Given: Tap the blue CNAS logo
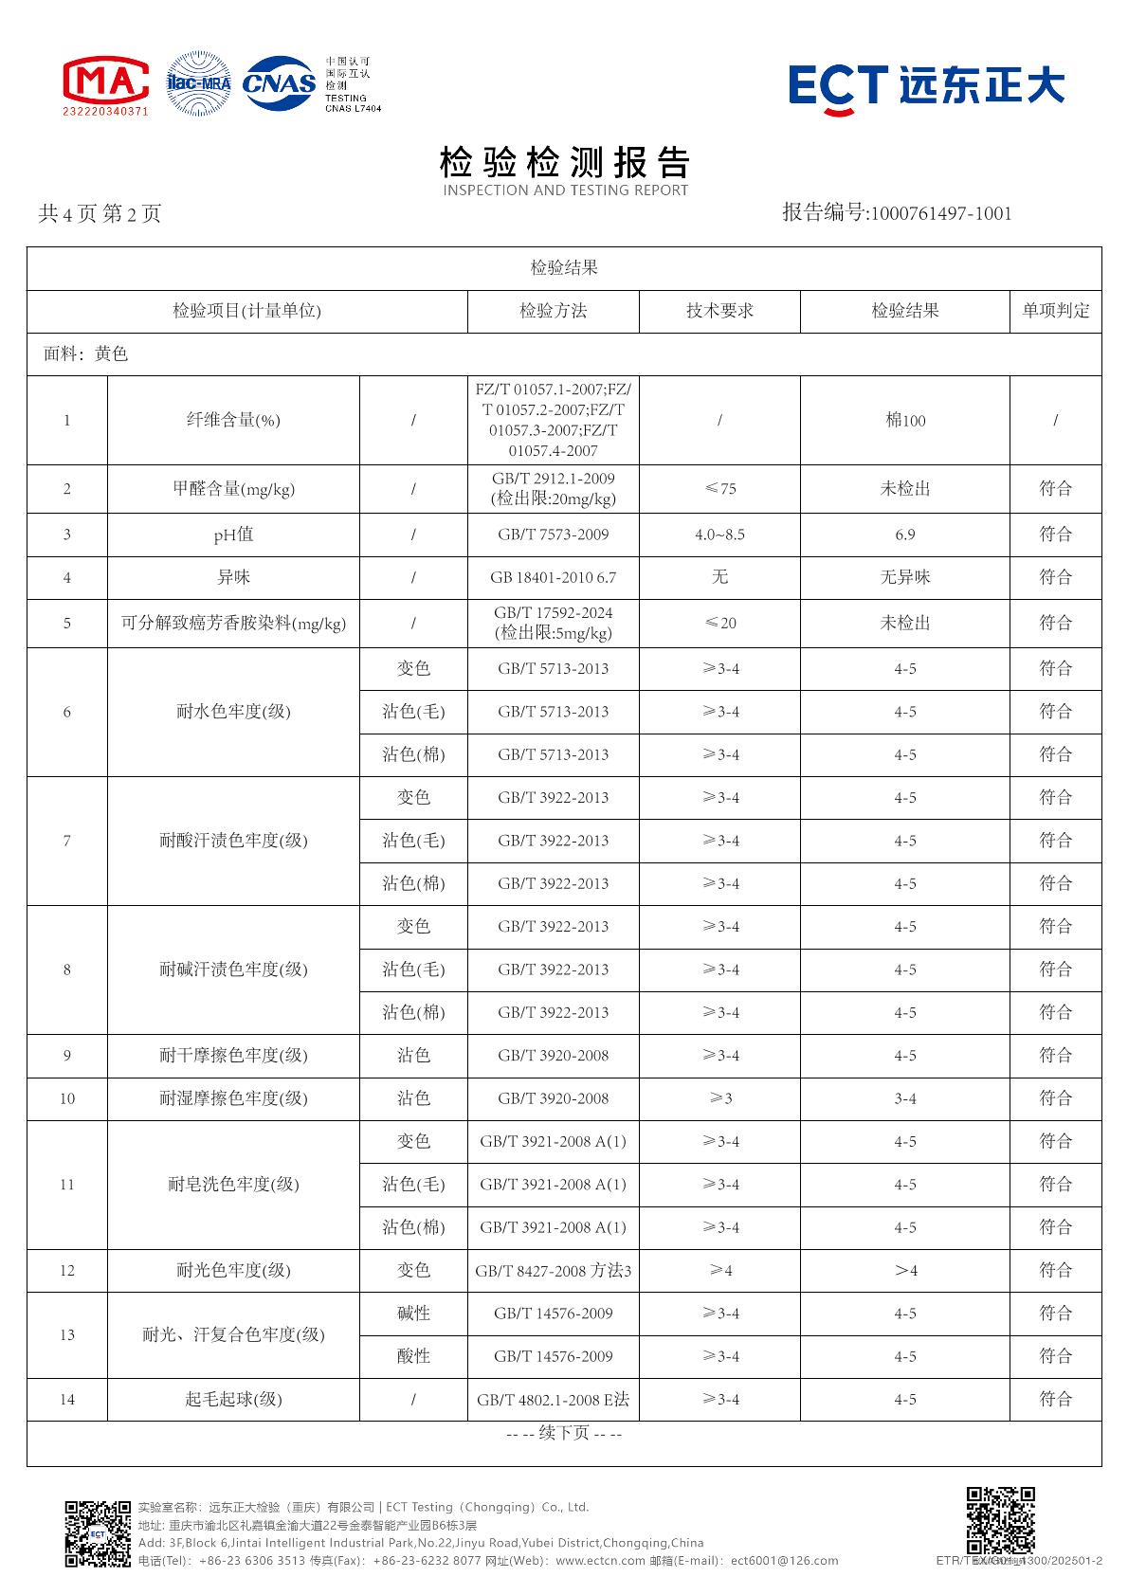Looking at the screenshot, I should (280, 83).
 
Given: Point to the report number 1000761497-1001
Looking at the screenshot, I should (940, 213).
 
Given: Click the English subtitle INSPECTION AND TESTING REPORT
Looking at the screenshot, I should (565, 190).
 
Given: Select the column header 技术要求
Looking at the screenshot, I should (719, 311).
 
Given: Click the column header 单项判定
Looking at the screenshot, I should (1055, 311).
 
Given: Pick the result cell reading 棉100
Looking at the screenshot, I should (905, 420).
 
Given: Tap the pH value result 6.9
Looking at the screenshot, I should (905, 535).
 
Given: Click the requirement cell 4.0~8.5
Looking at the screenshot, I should (719, 535).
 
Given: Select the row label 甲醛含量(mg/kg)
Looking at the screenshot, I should (233, 489).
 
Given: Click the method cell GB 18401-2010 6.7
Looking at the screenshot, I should (553, 577).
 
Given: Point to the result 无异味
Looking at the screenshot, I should (905, 577).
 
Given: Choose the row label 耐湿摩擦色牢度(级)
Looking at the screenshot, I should (233, 1098).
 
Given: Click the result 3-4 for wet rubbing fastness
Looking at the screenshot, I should (905, 1098).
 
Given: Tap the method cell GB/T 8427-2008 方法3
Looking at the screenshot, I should (553, 1270).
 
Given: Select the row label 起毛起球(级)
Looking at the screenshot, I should (233, 1399).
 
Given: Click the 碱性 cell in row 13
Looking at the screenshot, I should (413, 1314).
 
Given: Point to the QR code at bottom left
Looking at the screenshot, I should (97, 1533).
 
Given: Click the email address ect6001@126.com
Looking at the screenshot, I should (785, 1560).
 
